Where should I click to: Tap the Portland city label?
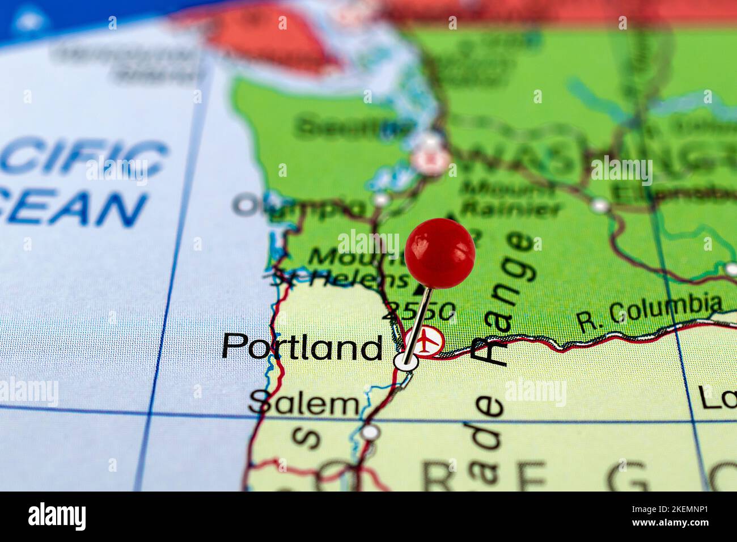coord(302,347)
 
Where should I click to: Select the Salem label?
coord(304,405)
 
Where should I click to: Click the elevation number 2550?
coord(420,311)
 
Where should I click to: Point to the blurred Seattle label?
coord(351,126)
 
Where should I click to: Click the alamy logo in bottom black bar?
coord(57,516)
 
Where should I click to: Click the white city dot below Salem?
coord(370,433)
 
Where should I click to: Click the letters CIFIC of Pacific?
coord(85,158)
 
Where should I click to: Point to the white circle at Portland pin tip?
coord(406,361)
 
